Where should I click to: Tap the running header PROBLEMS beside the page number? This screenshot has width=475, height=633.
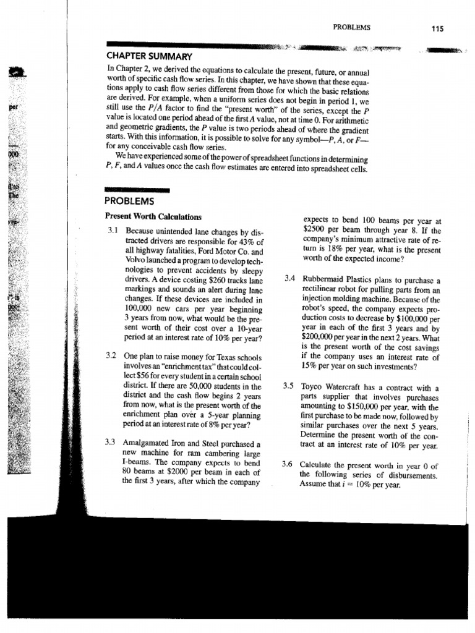click(351, 27)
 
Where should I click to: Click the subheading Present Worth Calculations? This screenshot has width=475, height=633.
click(154, 217)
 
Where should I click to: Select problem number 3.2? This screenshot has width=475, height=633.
click(112, 358)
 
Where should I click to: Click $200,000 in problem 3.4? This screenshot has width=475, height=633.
click(320, 338)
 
